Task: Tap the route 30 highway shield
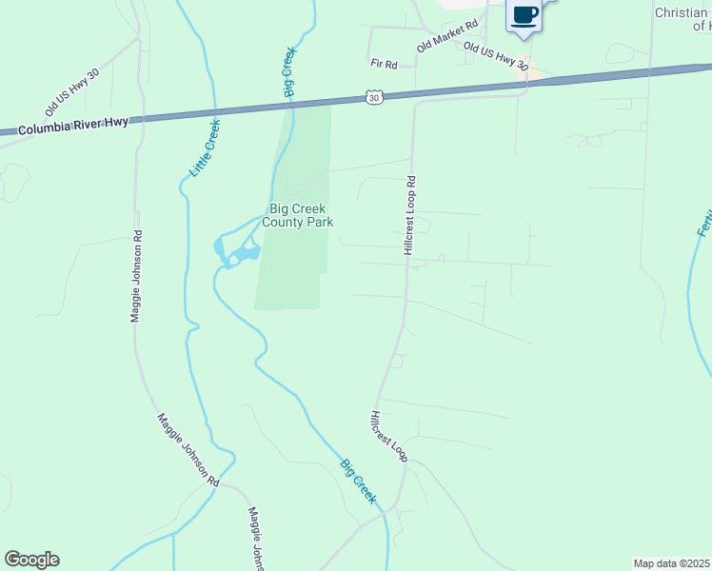374,97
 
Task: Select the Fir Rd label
384,64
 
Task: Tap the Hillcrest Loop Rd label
410,215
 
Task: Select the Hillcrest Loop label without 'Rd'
389,437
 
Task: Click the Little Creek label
206,148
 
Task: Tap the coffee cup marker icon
524,16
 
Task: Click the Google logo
31,560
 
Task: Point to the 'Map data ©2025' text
670,563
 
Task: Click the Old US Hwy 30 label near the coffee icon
495,54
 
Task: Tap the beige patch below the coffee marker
535,71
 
